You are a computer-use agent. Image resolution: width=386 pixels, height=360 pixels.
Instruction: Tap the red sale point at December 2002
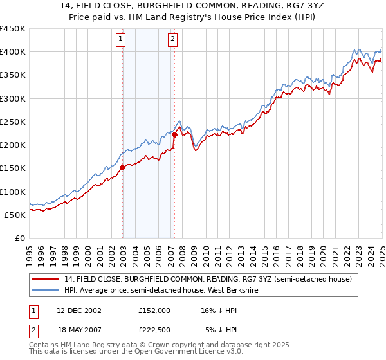[x=122, y=167]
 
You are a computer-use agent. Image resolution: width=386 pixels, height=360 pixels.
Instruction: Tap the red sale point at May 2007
[x=174, y=134]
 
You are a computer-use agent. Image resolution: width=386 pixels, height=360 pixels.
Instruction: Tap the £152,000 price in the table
[x=154, y=310]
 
